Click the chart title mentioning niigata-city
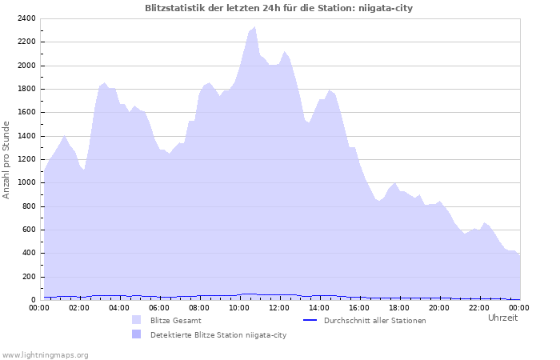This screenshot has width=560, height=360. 279,8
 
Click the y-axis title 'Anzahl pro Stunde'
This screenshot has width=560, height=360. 7,160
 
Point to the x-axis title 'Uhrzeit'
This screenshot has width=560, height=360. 502,318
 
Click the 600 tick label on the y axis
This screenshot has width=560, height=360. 28,230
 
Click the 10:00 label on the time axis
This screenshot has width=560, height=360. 239,307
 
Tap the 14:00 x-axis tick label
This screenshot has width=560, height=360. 319,307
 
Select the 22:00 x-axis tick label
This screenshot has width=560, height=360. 479,307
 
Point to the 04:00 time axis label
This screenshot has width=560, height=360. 119,307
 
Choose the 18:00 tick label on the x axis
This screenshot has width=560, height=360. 399,307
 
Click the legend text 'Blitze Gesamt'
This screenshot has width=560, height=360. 175,320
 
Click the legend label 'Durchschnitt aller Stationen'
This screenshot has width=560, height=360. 374,320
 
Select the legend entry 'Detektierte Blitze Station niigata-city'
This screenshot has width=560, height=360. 218,334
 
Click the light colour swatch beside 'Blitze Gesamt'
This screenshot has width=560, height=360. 136,320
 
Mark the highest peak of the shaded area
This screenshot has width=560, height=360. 254,27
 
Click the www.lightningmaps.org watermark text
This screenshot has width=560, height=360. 45,354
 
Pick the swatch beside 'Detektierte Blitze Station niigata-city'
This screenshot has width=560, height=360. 136,334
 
